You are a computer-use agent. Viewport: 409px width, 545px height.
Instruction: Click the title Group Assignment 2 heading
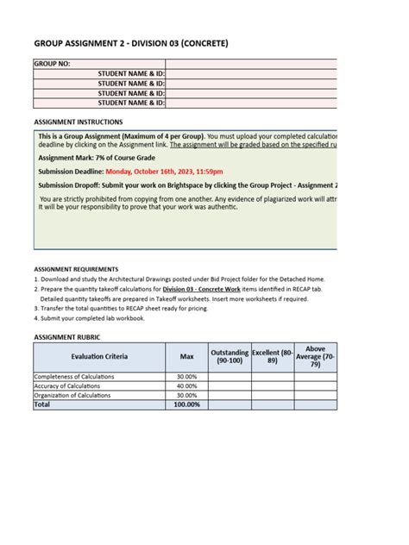131,44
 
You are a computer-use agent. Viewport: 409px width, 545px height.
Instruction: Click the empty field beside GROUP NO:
250,64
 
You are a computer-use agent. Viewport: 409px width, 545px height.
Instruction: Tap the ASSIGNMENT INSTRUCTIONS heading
78,122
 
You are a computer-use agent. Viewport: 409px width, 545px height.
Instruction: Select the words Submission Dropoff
70,184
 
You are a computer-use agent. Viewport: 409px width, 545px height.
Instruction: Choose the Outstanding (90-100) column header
229,356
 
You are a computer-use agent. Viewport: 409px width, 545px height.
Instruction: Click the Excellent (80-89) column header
272,356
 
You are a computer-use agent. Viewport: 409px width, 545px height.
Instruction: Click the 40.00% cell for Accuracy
186,386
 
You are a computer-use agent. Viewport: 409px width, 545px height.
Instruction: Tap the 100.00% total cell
186,404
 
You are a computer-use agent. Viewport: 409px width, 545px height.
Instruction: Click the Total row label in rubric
42,404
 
